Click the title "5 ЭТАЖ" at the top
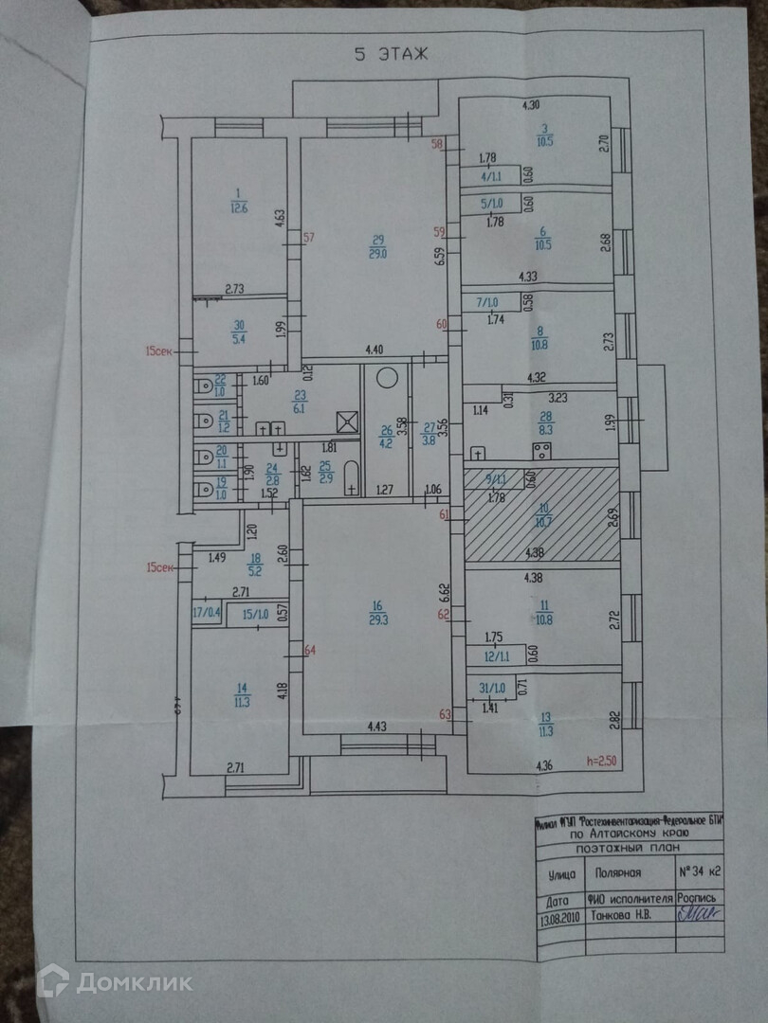[x=391, y=54]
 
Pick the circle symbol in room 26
[x=386, y=377]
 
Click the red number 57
[x=308, y=238]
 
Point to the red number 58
[x=437, y=145]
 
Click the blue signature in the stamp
[x=699, y=915]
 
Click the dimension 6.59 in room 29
[x=439, y=259]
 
